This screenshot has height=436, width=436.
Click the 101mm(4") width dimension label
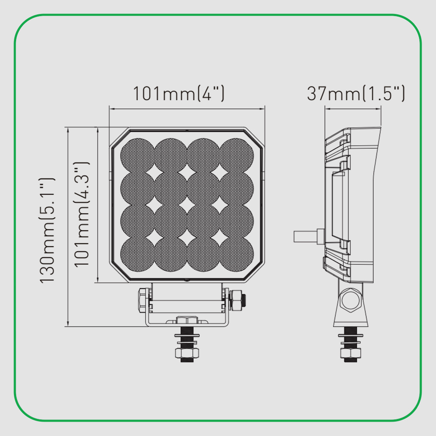(x=178, y=93)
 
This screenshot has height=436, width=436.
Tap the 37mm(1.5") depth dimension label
(x=356, y=93)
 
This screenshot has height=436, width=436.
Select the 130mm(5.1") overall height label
(x=47, y=231)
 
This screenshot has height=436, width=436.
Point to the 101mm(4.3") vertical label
(x=82, y=214)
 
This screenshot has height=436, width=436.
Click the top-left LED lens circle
(x=137, y=155)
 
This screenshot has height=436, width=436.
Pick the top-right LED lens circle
(x=237, y=155)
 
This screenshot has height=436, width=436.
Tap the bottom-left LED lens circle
(x=137, y=254)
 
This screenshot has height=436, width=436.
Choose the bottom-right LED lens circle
(x=237, y=254)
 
